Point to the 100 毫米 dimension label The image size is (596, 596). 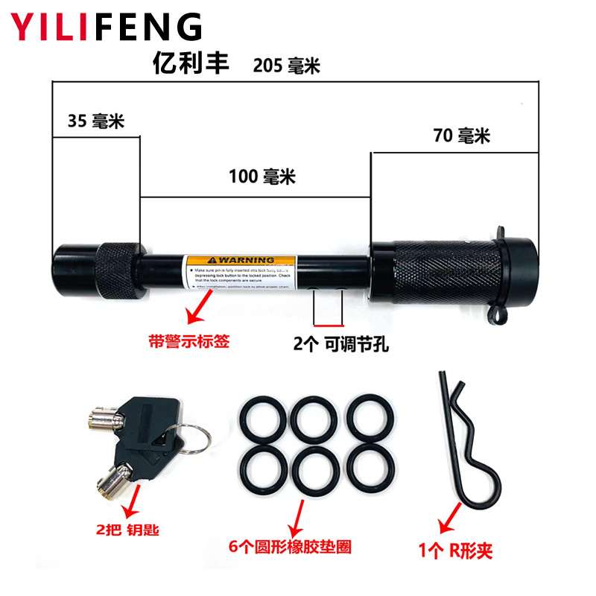[262, 177]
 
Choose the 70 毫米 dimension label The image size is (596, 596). [462, 136]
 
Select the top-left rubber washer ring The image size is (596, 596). [261, 419]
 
